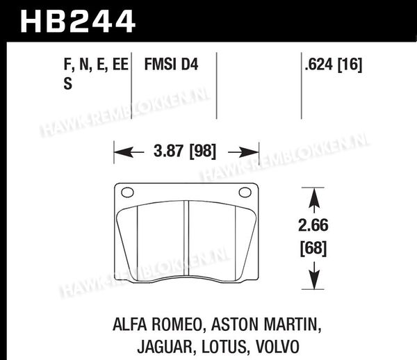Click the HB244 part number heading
coord(78,22)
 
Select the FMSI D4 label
coord(171,65)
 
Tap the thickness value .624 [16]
coord(333,65)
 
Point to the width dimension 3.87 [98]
coord(185,151)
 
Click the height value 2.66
coord(313,225)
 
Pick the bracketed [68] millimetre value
coord(313,248)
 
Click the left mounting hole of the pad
coord(127,192)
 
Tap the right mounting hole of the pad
coord(245,192)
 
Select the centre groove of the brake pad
coord(186,238)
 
